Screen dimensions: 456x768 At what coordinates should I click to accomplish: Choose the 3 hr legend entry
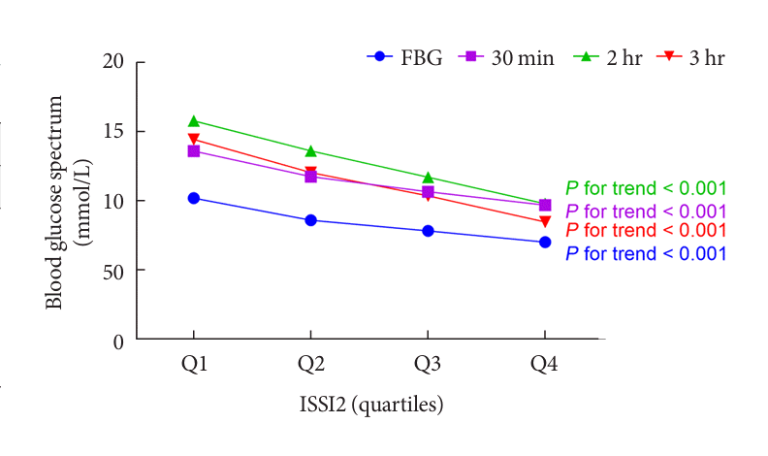pyautogui.click(x=692, y=57)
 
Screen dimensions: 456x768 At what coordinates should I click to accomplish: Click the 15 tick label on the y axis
pyautogui.click(x=115, y=132)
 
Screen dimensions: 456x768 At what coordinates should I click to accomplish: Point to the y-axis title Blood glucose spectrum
pyautogui.click(x=55, y=202)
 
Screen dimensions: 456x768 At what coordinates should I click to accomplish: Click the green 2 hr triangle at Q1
pyautogui.click(x=194, y=121)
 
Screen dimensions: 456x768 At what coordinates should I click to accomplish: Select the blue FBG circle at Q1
pyautogui.click(x=194, y=198)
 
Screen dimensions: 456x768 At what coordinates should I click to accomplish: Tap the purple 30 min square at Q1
pyautogui.click(x=194, y=151)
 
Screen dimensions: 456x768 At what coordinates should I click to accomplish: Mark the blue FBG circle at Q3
pyautogui.click(x=428, y=231)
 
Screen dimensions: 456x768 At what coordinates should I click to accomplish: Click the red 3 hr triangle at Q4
pyautogui.click(x=545, y=222)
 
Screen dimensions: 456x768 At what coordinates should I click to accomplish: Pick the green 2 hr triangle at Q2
pyautogui.click(x=311, y=150)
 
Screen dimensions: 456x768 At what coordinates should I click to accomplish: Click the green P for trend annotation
pyautogui.click(x=646, y=189)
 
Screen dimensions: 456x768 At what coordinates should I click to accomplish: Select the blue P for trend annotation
pyautogui.click(x=646, y=254)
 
